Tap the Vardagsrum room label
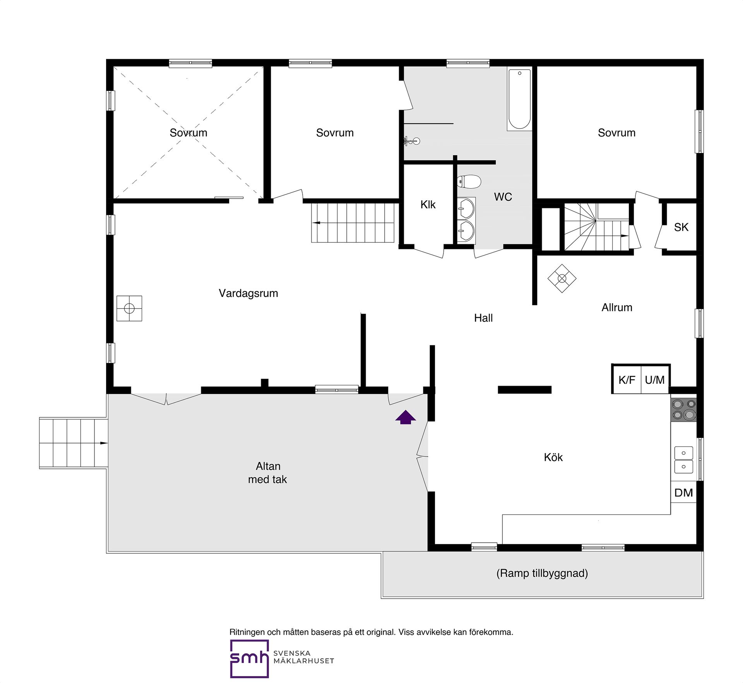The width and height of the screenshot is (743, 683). click(x=248, y=293)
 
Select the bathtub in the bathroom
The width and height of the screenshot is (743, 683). click(x=519, y=99)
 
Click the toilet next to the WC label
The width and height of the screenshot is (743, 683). click(x=469, y=181)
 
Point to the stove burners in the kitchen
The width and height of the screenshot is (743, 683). click(x=683, y=410)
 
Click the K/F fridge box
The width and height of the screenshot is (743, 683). click(x=627, y=379)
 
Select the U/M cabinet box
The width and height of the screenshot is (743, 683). click(x=655, y=379)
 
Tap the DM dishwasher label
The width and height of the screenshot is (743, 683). click(x=683, y=493)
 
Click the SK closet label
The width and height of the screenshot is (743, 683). click(x=681, y=227)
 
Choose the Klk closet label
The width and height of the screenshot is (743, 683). click(x=428, y=204)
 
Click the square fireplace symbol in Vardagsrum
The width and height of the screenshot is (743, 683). click(x=129, y=308)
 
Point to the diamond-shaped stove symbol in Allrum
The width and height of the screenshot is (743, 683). click(x=562, y=278)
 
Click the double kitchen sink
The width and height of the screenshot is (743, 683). click(x=683, y=460)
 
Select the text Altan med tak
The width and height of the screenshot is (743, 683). click(x=268, y=473)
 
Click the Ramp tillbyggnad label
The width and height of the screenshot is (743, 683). click(x=542, y=573)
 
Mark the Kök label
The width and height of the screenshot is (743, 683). click(x=553, y=457)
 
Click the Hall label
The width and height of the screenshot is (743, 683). click(x=483, y=318)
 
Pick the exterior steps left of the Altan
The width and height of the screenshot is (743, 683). click(x=73, y=443)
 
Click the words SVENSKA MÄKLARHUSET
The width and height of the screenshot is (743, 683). click(x=304, y=657)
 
